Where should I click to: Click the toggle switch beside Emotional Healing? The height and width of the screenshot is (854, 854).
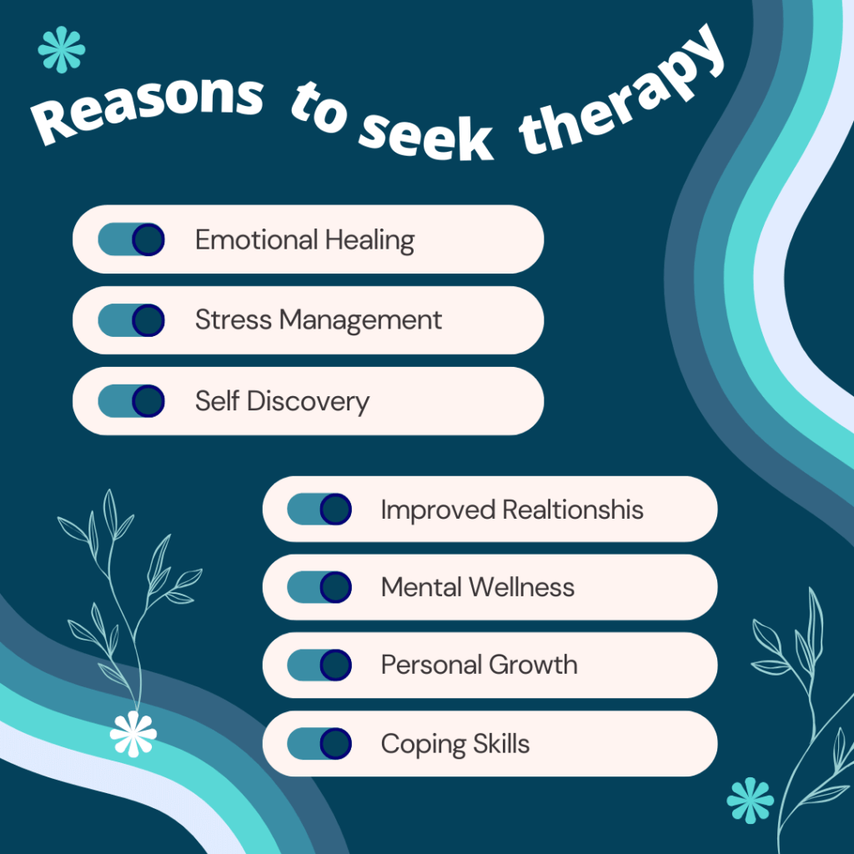click(131, 239)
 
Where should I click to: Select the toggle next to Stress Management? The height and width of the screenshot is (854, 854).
click(131, 320)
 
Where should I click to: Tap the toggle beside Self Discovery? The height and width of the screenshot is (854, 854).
click(131, 401)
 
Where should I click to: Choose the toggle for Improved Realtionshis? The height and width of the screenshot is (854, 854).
click(319, 510)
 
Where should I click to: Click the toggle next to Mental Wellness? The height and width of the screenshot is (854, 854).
click(319, 587)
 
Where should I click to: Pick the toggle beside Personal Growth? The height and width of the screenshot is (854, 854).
click(319, 665)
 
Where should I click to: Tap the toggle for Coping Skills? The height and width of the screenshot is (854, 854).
click(319, 743)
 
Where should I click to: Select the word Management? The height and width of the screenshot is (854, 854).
click(360, 320)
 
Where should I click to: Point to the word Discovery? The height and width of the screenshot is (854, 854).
click(309, 402)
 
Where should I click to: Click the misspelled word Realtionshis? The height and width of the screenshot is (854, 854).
click(573, 510)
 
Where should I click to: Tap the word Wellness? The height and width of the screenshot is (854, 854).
click(522, 587)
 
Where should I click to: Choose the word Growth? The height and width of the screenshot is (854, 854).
click(533, 665)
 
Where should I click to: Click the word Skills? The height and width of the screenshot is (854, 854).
click(501, 743)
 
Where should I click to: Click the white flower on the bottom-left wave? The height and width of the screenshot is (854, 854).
click(133, 734)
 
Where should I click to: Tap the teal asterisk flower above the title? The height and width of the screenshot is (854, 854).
click(62, 49)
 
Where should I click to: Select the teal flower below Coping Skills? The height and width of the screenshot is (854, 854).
click(750, 800)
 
